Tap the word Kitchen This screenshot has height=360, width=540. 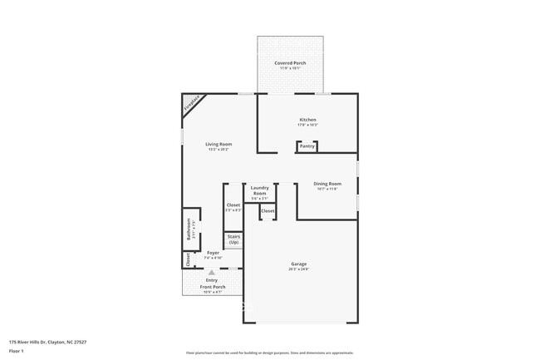tap(308, 120)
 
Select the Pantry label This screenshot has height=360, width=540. tap(307, 146)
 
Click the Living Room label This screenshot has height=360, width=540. tap(218, 144)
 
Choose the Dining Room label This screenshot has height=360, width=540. tap(327, 184)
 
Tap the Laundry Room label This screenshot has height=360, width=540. tap(259, 190)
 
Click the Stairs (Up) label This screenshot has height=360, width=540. tap(233, 239)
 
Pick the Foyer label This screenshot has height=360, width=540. tap(214, 252)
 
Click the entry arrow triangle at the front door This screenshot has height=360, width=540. tap(212, 271)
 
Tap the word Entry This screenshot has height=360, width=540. tap(212, 279)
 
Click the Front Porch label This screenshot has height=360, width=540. tap(212, 287)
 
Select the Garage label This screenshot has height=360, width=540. tap(298, 264)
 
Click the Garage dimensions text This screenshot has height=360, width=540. tap(298, 269)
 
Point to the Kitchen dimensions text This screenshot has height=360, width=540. tap(308, 125)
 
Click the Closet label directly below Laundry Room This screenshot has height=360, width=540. tap(268, 211)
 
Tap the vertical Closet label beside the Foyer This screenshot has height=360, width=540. tap(188, 259)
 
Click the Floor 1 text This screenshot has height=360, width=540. tap(17, 351)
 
